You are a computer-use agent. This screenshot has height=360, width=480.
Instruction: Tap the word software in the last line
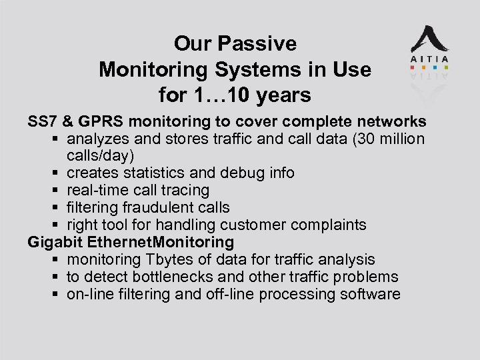click(369, 294)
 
